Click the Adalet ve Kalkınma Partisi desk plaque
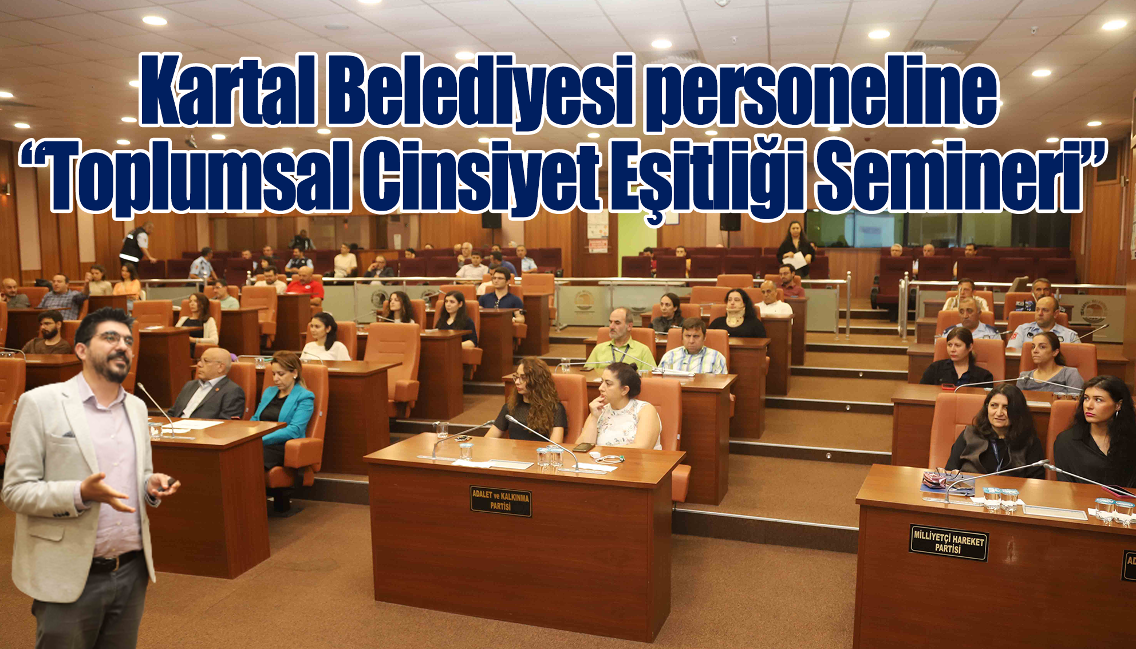point(501,501)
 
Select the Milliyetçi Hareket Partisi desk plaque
point(948,543)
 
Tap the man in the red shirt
point(305,284)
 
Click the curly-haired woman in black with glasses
point(530,401)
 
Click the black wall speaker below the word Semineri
point(730,221)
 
